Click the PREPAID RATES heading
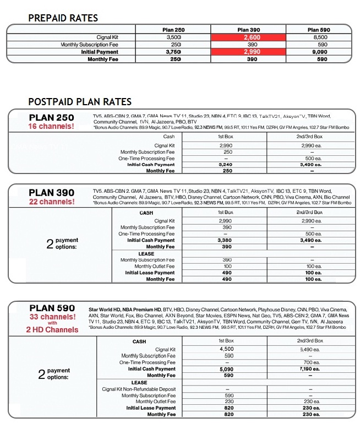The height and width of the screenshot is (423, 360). coord(63,18)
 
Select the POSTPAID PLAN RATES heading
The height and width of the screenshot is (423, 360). coord(80,102)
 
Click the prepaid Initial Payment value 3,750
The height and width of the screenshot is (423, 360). coord(176,52)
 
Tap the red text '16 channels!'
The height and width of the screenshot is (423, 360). coord(51,126)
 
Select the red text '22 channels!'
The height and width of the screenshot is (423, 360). coord(51,202)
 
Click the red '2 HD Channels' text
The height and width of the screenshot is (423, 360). coord(52,330)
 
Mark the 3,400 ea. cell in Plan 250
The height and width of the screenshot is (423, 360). coord(309,164)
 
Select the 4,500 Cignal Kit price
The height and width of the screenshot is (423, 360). coord(226,349)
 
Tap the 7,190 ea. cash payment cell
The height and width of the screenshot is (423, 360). coord(309,369)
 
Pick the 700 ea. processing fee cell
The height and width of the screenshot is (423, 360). coord(309,362)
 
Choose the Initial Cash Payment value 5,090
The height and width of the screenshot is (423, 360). coord(226,369)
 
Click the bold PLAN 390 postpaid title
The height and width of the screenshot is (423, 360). coord(51,193)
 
